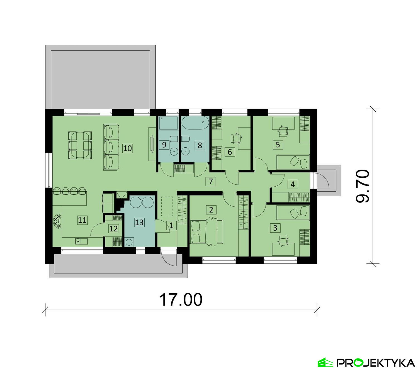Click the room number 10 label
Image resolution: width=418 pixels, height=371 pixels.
click(x=127, y=148)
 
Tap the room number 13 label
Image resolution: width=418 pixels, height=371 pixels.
click(x=139, y=222)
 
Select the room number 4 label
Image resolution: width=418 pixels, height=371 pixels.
click(x=293, y=184)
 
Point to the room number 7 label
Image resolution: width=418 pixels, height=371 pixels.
click(x=211, y=182)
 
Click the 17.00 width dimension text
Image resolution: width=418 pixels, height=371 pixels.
click(x=181, y=300)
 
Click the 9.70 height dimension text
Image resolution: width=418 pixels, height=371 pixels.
click(x=363, y=186)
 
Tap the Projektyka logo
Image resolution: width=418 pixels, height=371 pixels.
click(x=366, y=363)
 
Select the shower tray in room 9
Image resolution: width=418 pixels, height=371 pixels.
click(x=168, y=123)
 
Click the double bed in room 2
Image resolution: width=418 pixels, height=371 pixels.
click(x=206, y=231)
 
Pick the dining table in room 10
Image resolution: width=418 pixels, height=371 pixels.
click(x=80, y=145)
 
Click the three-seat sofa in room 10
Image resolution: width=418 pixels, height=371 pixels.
click(x=111, y=147)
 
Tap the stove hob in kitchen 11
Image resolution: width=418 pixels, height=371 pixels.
click(x=57, y=221)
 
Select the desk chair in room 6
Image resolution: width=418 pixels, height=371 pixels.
click(x=236, y=138)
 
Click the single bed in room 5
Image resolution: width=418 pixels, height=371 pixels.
click(x=293, y=162)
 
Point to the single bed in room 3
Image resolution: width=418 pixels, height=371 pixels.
click(x=293, y=213)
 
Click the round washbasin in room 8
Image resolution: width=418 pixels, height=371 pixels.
click(x=185, y=151)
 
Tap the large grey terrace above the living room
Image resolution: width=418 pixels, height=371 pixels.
click(x=100, y=79)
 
